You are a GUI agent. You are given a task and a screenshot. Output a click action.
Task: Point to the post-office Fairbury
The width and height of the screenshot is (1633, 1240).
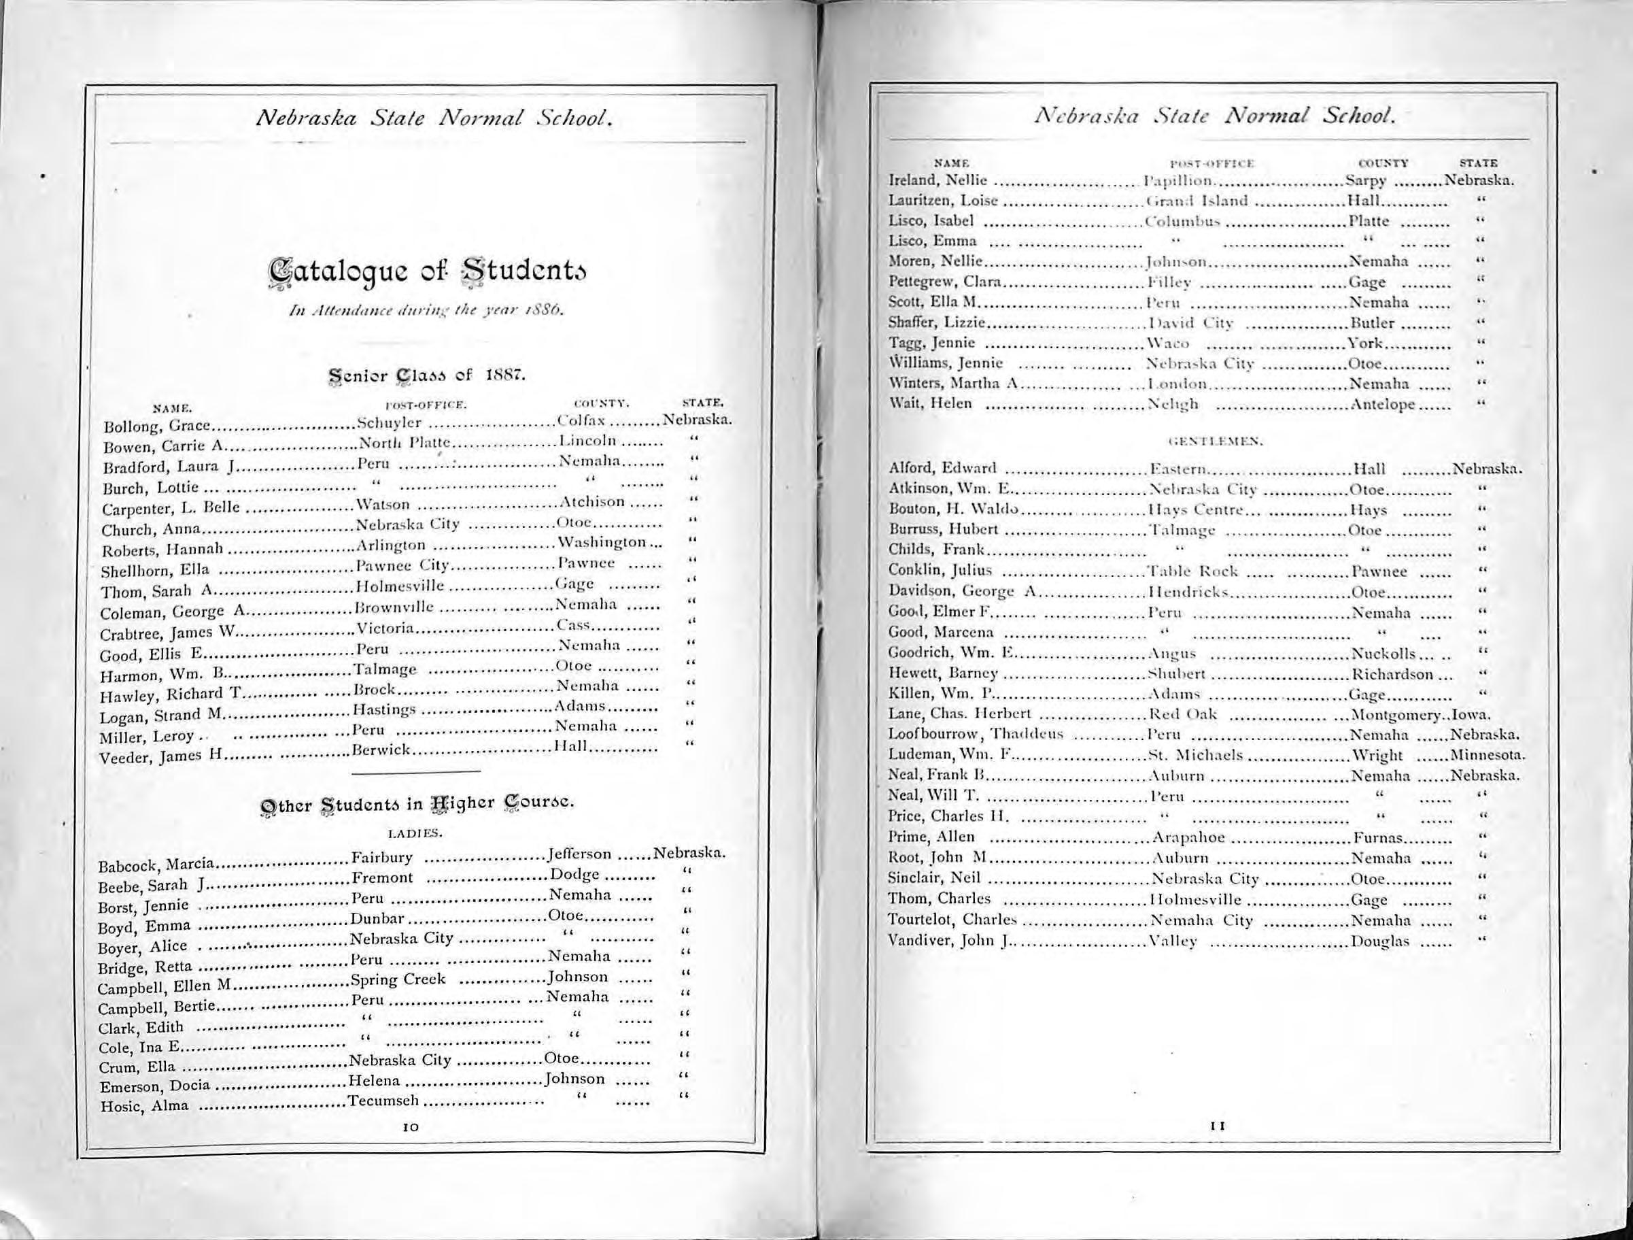pos(381,858)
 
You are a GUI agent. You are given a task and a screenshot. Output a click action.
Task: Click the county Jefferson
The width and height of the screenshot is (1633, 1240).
pos(581,854)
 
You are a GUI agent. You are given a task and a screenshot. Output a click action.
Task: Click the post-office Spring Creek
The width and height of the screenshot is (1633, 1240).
pos(397,979)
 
